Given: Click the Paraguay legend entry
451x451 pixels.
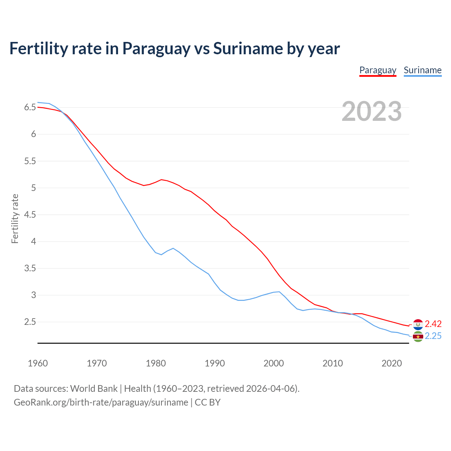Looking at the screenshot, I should point(378,70).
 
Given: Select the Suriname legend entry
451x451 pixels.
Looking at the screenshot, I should point(422,70).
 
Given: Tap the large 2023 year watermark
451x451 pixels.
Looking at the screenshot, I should point(371,111).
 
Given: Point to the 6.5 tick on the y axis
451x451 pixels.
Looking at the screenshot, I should point(30,107).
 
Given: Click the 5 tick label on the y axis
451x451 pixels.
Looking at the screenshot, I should point(33,188).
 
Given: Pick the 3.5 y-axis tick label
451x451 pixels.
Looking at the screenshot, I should point(30,268).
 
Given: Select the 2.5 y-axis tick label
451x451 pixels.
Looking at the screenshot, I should point(30,322).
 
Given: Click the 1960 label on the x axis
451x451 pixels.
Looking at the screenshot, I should point(38,363).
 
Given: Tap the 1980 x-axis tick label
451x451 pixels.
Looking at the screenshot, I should point(156,363).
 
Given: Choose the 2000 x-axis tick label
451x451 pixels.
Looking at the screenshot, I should point(273,363).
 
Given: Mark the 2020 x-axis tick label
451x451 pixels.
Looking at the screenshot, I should point(391,363).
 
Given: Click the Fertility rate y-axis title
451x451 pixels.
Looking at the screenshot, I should point(15,218).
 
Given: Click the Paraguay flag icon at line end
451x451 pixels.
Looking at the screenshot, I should point(418,324).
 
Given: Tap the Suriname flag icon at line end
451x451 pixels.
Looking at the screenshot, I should point(418,336).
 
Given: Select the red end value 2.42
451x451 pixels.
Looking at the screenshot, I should point(433,324).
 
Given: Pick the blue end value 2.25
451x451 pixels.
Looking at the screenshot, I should point(433,336).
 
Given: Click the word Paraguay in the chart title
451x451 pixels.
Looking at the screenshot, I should point(156,49).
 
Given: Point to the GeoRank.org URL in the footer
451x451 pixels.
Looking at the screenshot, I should point(101,402).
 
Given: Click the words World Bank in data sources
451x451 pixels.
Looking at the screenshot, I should point(94,389).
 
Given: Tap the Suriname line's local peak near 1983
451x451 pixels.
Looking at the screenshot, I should point(173,248).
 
